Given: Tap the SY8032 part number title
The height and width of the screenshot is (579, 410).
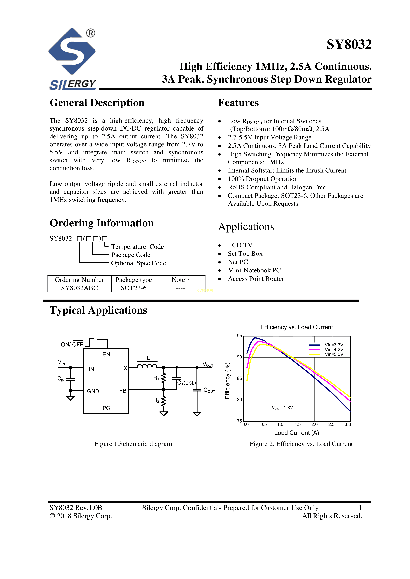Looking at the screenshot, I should (349, 44).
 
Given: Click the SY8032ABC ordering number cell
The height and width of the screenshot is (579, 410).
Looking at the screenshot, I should (79, 288).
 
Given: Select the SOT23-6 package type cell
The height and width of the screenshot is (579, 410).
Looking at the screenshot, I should (134, 288).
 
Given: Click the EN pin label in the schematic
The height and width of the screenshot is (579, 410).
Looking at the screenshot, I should (106, 354).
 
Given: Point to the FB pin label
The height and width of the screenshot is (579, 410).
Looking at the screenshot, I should (123, 391).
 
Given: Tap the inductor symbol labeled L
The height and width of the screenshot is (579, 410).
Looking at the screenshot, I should (147, 366).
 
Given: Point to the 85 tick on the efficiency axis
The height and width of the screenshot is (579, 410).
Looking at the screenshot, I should (239, 378).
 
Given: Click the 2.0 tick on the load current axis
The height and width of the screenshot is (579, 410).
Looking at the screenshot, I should (314, 424).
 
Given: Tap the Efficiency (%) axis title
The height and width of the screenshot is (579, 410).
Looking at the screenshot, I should (227, 381).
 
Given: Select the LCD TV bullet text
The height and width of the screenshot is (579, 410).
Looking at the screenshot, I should (240, 245).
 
